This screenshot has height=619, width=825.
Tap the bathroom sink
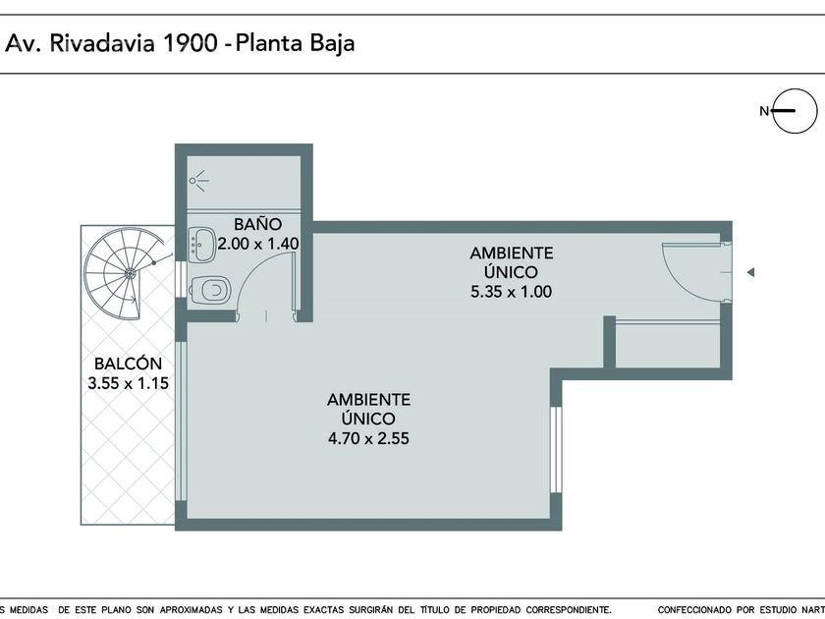click(201, 245)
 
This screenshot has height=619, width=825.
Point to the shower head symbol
click(198, 181)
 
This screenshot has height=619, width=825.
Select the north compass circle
click(795, 111)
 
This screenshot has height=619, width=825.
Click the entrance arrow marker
click(750, 272)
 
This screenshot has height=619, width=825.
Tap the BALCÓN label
click(128, 364)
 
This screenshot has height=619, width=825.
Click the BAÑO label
click(257, 224)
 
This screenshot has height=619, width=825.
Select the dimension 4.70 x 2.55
click(368, 438)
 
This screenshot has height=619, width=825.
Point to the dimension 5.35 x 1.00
click(511, 292)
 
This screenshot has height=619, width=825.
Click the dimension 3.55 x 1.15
click(128, 383)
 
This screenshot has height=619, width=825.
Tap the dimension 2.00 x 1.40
click(258, 244)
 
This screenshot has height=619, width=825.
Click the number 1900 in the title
click(190, 43)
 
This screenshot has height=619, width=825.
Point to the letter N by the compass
click(764, 111)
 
